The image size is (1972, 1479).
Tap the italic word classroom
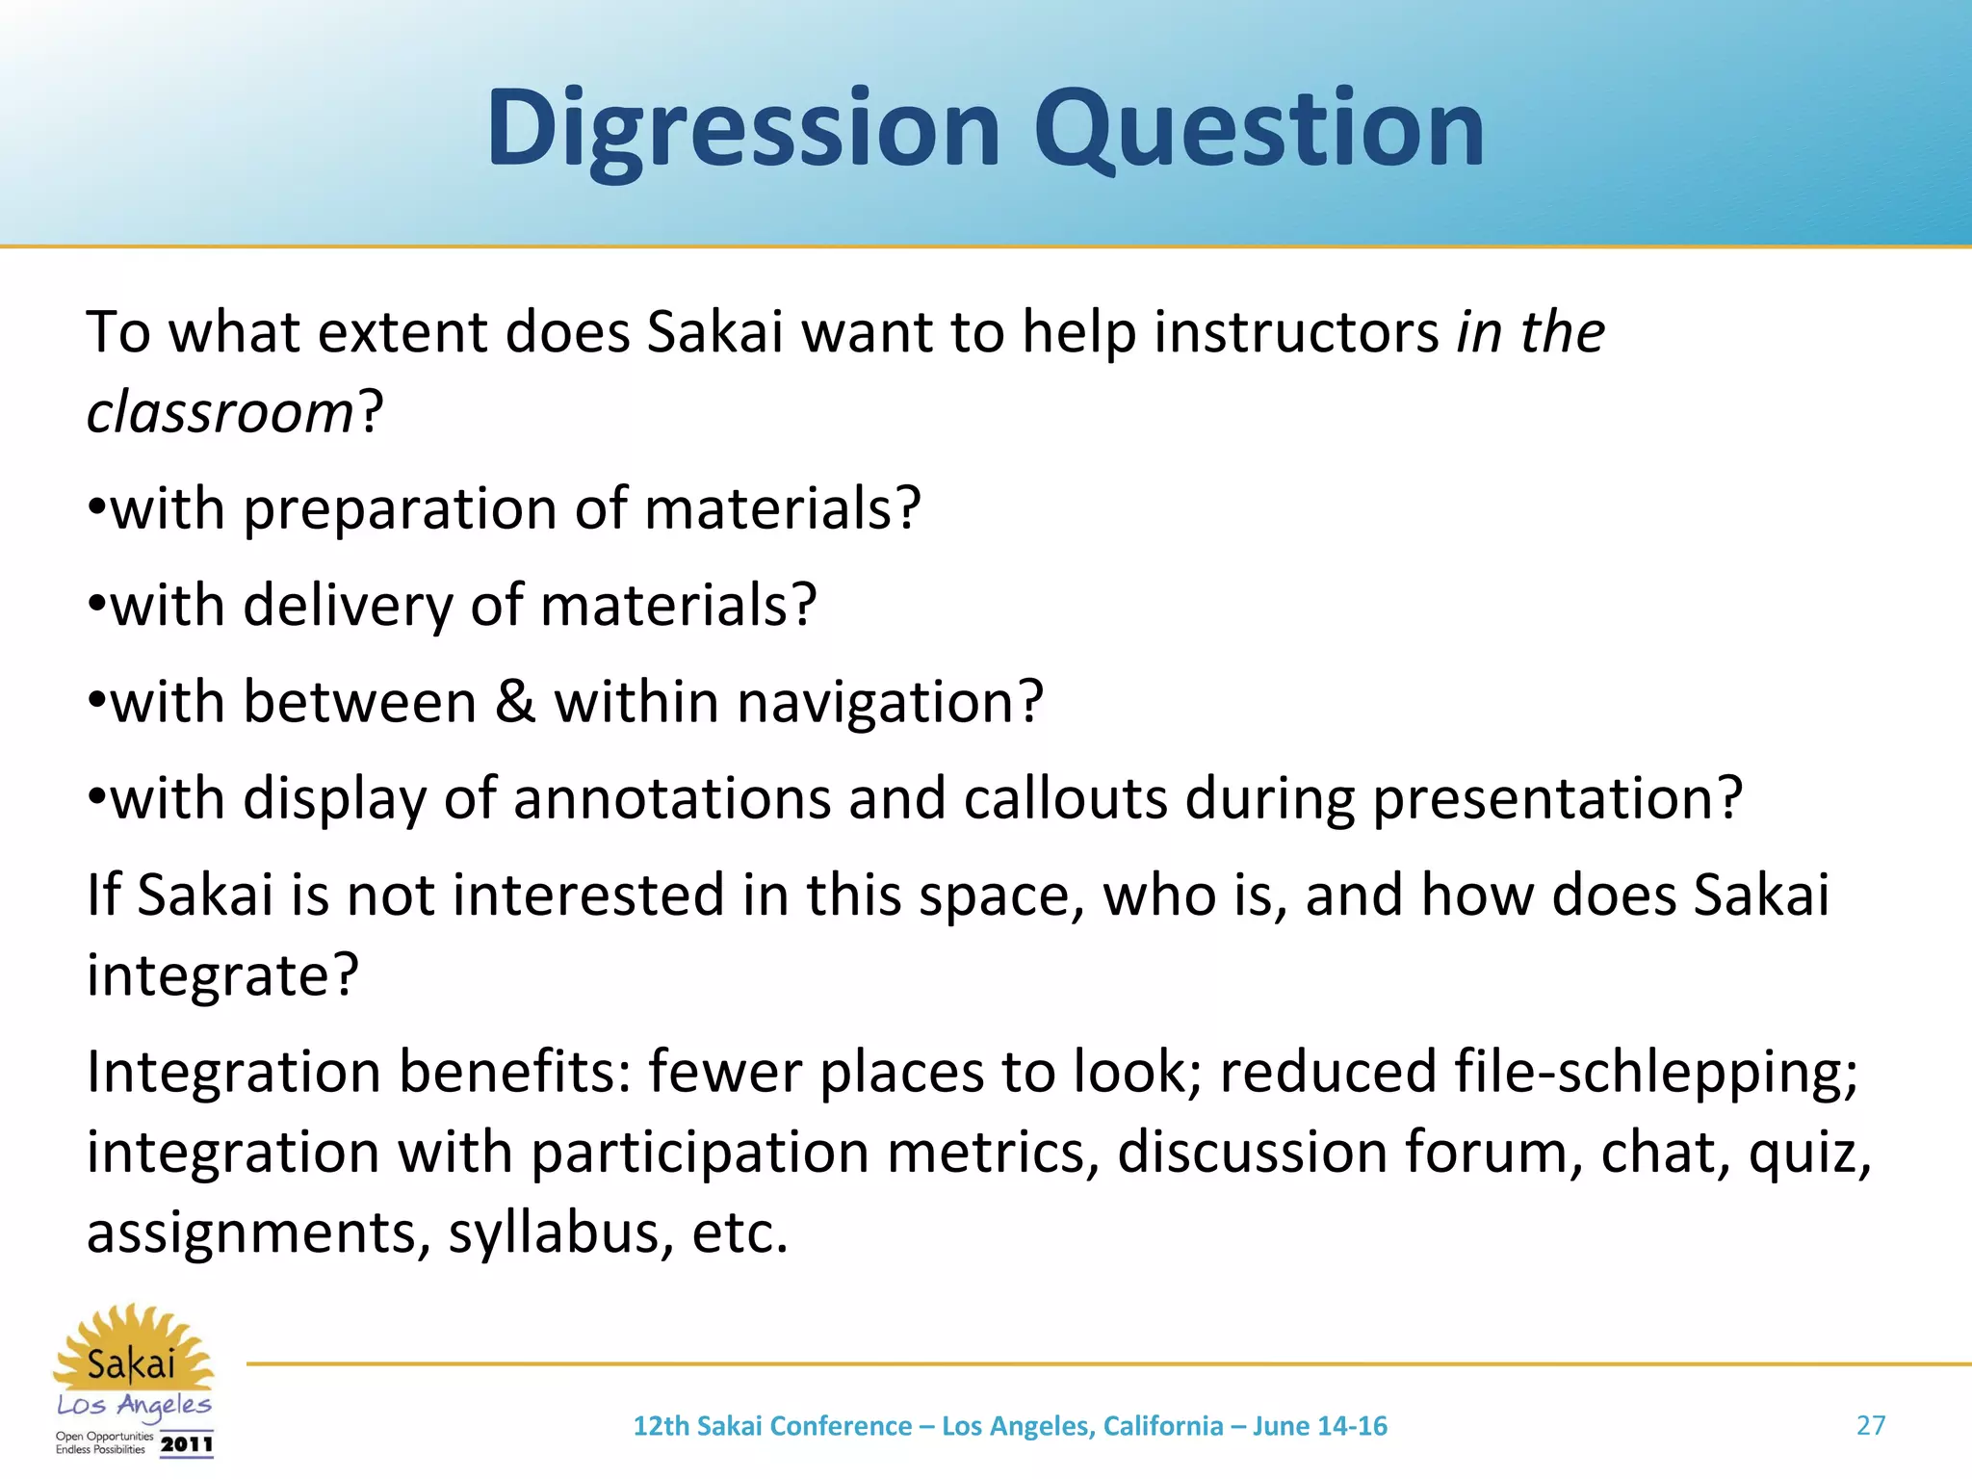point(221,413)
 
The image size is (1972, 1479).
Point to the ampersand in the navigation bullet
point(515,701)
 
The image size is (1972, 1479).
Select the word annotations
point(671,798)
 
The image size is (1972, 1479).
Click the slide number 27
point(1870,1425)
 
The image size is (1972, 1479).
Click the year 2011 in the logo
point(186,1443)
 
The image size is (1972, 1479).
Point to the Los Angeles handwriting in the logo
point(134,1406)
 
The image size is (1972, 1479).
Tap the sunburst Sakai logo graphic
point(132,1348)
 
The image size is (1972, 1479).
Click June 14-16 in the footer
point(1319,1426)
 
